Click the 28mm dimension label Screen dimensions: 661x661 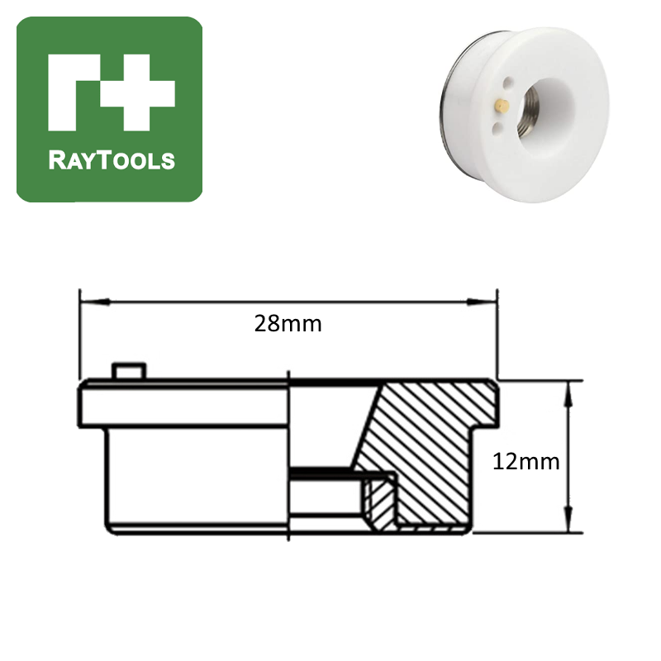point(288,324)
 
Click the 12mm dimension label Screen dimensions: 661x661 point(525,461)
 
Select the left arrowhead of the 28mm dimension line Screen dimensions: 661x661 point(85,302)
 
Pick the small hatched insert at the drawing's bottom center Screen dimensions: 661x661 point(378,502)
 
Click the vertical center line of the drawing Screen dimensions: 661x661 point(288,454)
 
